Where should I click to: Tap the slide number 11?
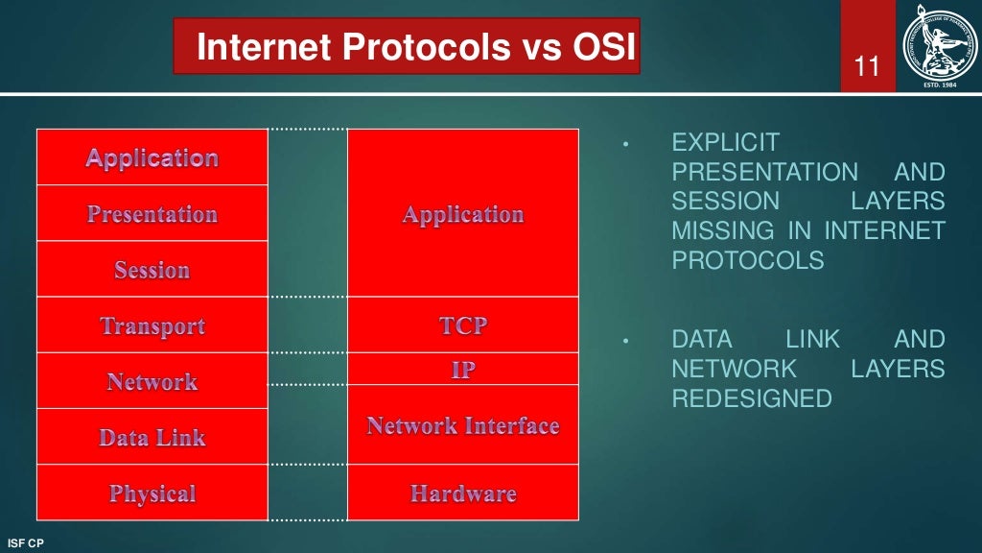pos(868,67)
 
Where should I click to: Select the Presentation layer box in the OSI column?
pos(152,213)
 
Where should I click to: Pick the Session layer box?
pos(152,270)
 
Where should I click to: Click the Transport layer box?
pos(152,325)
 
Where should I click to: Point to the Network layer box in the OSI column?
pos(152,381)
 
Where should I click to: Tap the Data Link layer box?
pos(152,437)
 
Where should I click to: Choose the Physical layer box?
pos(152,493)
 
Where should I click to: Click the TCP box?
pos(463,325)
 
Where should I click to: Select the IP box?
pos(463,370)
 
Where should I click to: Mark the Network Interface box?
pos(463,425)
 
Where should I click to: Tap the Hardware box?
pos(463,493)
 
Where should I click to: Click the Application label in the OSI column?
pos(152,157)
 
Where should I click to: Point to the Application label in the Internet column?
pos(463,214)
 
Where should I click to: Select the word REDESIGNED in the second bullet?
pos(752,397)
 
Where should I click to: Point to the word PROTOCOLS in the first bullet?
pos(747,260)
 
